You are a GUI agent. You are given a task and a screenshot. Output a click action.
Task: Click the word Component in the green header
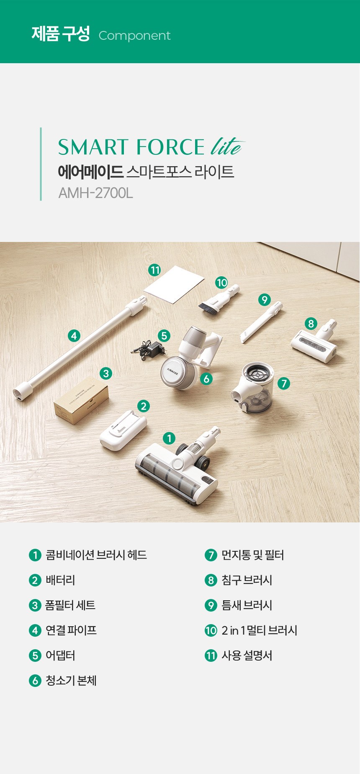click(134, 36)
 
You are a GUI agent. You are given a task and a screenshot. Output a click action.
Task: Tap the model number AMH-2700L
click(95, 193)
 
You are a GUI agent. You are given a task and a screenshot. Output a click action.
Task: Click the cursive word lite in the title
click(227, 146)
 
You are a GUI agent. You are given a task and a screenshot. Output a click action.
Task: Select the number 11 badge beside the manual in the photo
click(155, 270)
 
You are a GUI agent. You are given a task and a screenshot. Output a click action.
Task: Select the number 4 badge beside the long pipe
click(74, 335)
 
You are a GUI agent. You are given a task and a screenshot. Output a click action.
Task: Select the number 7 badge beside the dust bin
click(284, 383)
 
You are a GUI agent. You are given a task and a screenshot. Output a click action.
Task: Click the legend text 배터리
click(60, 580)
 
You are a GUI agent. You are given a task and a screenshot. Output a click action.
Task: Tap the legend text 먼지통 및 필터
click(252, 555)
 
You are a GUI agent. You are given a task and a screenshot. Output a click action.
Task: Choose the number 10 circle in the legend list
click(211, 630)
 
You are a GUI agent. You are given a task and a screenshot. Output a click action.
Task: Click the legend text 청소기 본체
click(71, 681)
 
